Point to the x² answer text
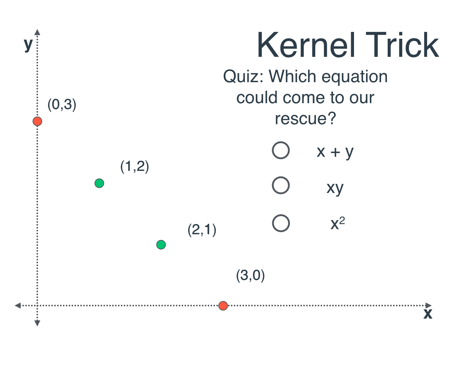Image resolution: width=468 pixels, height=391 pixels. pyautogui.click(x=338, y=223)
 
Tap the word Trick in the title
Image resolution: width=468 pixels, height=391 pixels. pyautogui.click(x=402, y=45)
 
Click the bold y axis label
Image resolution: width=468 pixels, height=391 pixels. pyautogui.click(x=28, y=45)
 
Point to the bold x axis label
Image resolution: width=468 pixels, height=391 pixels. pyautogui.click(x=428, y=314)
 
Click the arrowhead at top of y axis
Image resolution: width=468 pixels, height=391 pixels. pyautogui.click(x=37, y=32)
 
